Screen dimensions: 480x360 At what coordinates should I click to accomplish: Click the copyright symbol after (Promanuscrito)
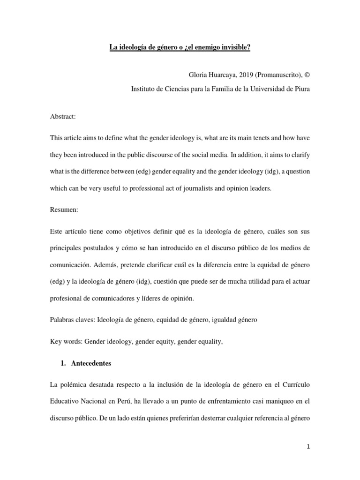tap(307, 75)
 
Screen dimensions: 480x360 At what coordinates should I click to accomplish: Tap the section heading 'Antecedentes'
tap(92, 363)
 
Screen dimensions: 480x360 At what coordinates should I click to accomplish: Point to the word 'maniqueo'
tap(282, 402)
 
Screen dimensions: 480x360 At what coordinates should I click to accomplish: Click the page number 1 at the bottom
tap(308, 446)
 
